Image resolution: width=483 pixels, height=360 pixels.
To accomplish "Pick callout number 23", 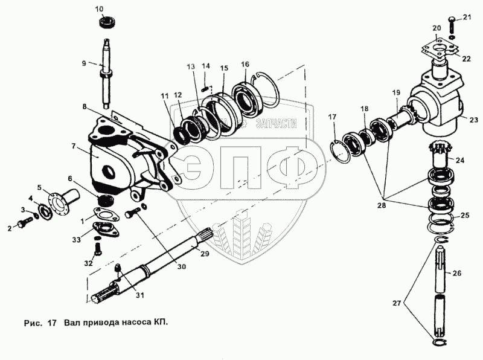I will click(x=472, y=120).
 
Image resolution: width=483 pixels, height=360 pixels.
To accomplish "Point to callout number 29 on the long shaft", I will click(x=204, y=254).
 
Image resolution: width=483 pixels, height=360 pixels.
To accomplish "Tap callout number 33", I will click(x=76, y=240).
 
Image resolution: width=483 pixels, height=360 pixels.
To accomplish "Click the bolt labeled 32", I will click(x=97, y=248).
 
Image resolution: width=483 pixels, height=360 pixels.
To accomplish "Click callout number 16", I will click(x=245, y=65).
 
